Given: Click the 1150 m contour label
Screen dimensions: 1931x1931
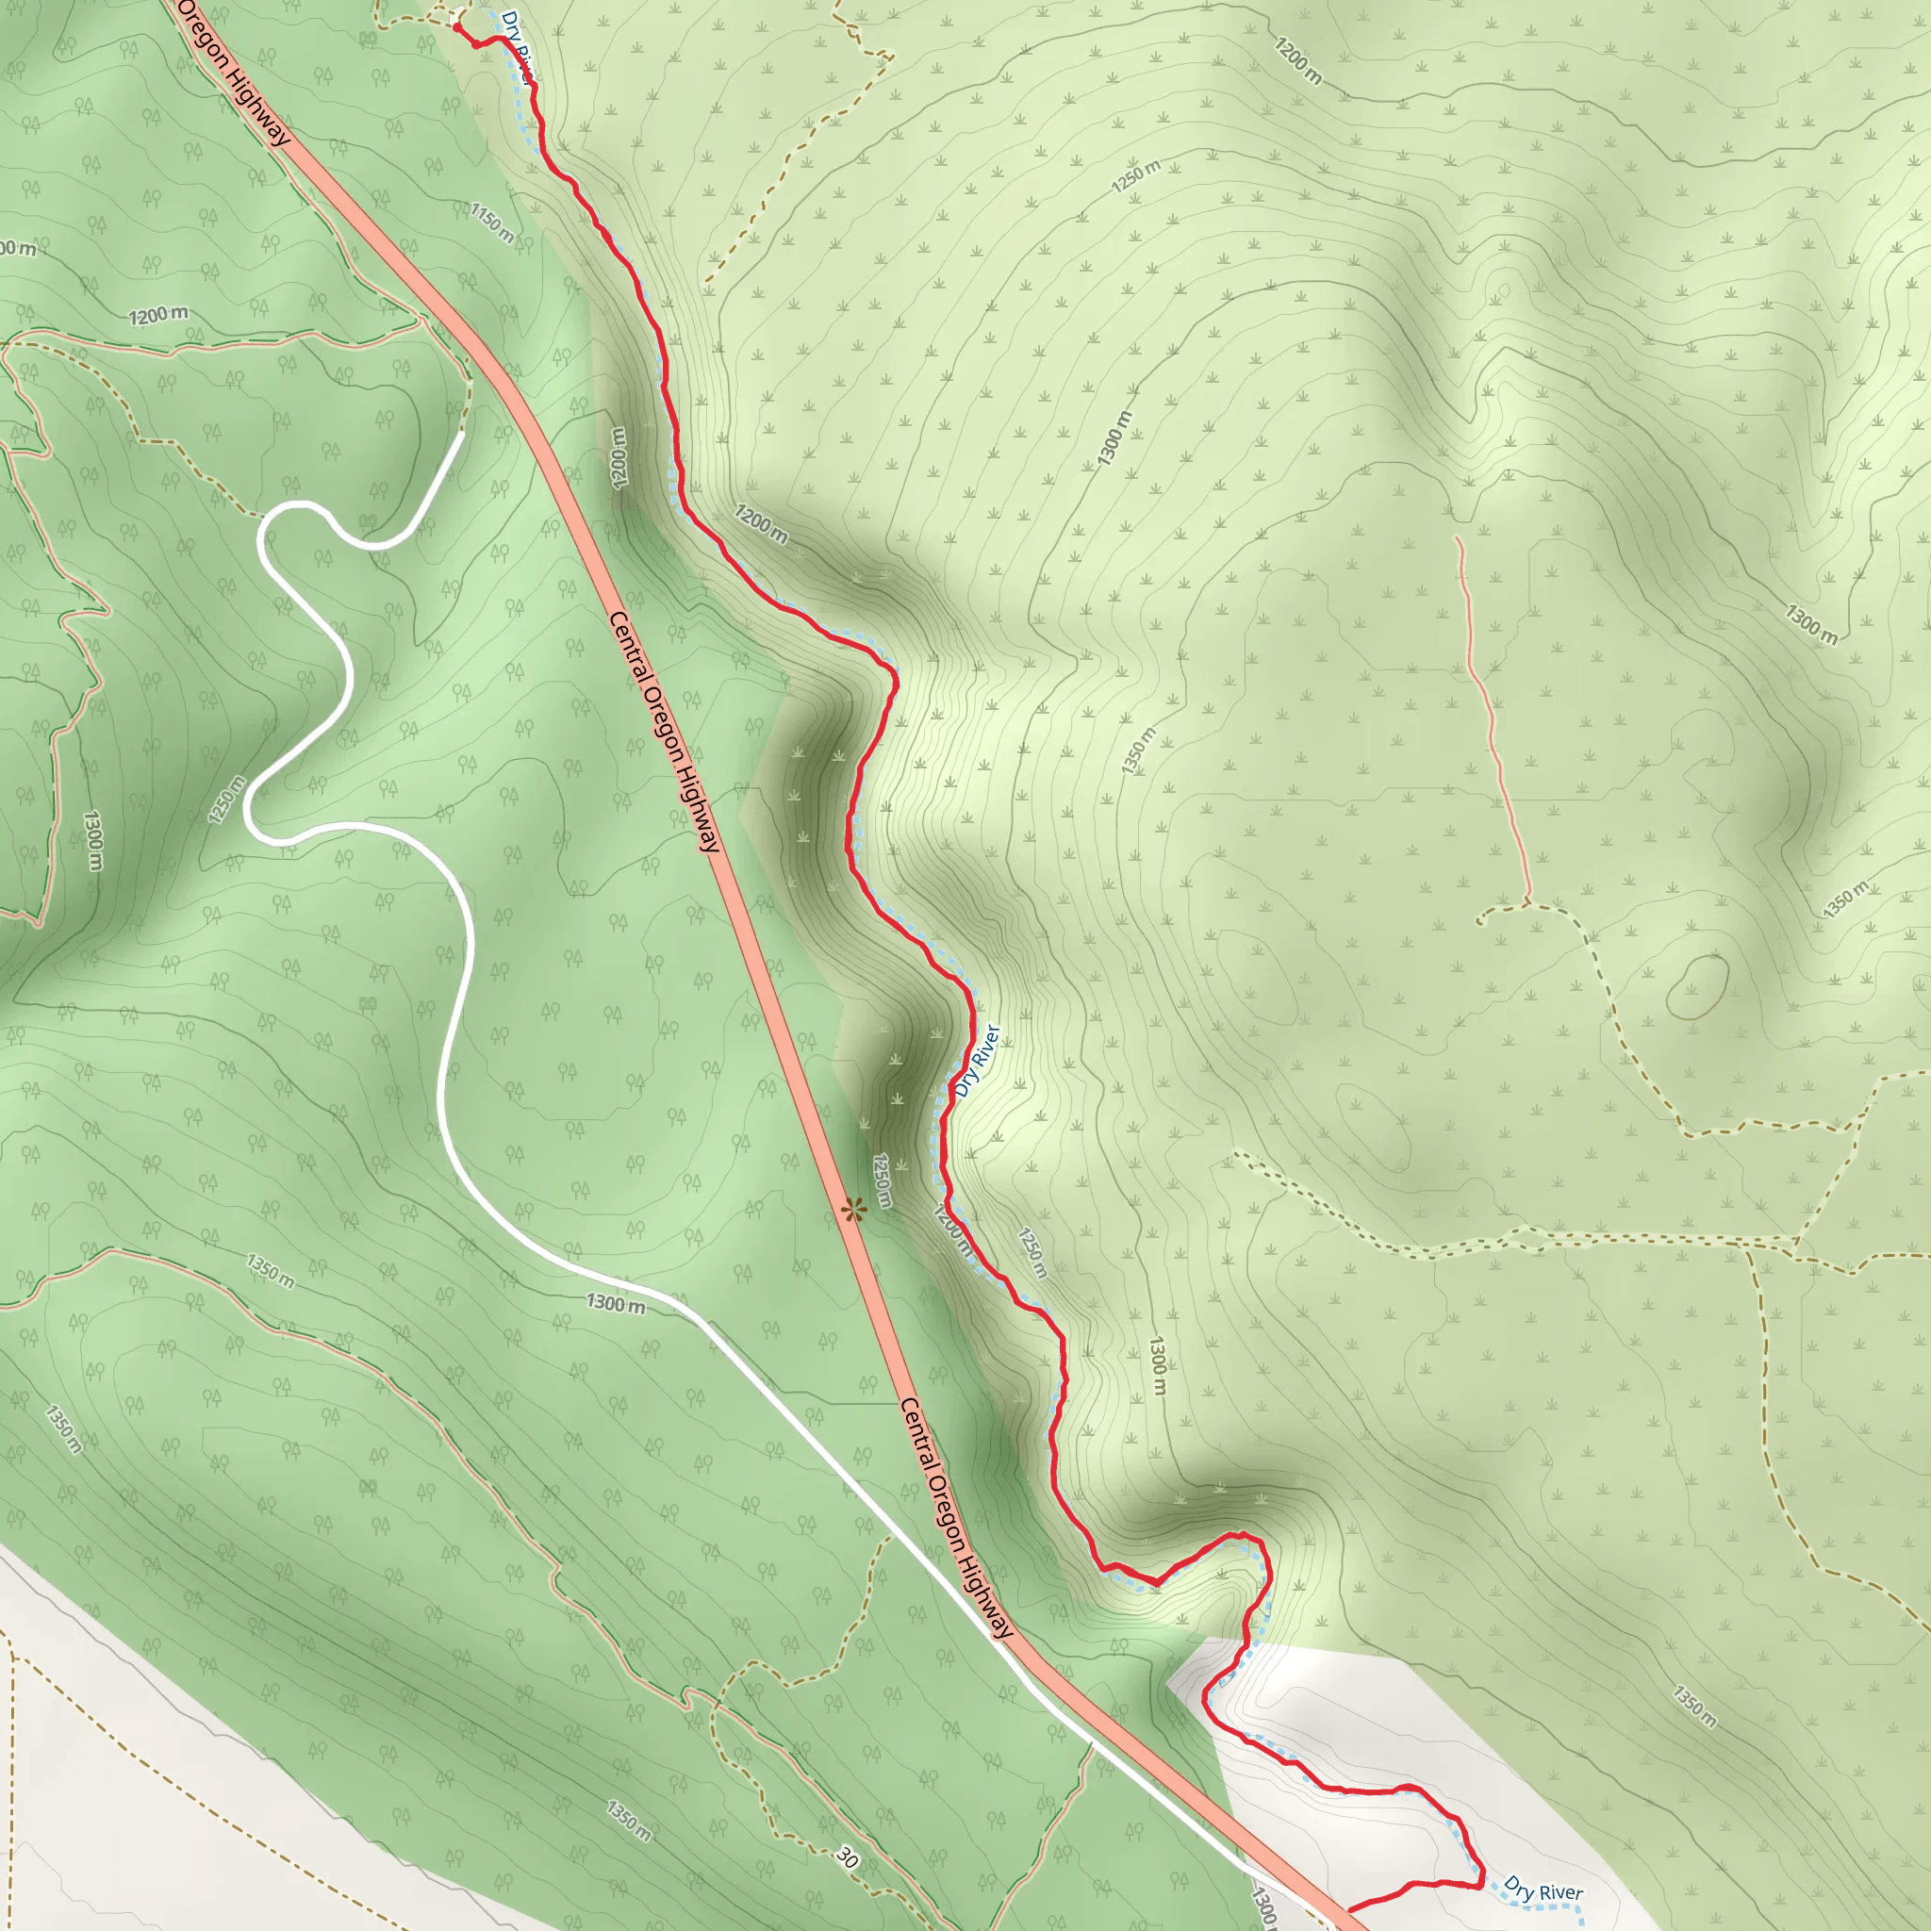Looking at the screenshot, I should [x=493, y=223].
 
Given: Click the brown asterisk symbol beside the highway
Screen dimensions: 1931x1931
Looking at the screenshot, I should [x=851, y=1213].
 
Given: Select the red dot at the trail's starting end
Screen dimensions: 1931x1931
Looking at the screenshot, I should [x=456, y=28].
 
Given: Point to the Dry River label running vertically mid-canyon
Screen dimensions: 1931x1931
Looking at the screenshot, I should [x=977, y=1061].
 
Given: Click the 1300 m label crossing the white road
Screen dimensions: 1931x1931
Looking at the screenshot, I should [x=615, y=1303].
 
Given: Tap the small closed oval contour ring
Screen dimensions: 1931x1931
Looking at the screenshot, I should [x=1697, y=987].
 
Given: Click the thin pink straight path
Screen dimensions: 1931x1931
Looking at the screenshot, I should [x=1493, y=719].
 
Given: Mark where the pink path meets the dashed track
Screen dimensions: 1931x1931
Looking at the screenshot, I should [x=1527, y=903].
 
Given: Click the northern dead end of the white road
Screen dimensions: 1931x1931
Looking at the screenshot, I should [x=462, y=435].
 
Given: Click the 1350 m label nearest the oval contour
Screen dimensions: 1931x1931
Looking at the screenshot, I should [x=1844, y=899].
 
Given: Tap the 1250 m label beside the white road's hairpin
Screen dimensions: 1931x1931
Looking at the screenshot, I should [x=227, y=800].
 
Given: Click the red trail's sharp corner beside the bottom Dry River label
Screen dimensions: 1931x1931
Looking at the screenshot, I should [x=1481, y=1884].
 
